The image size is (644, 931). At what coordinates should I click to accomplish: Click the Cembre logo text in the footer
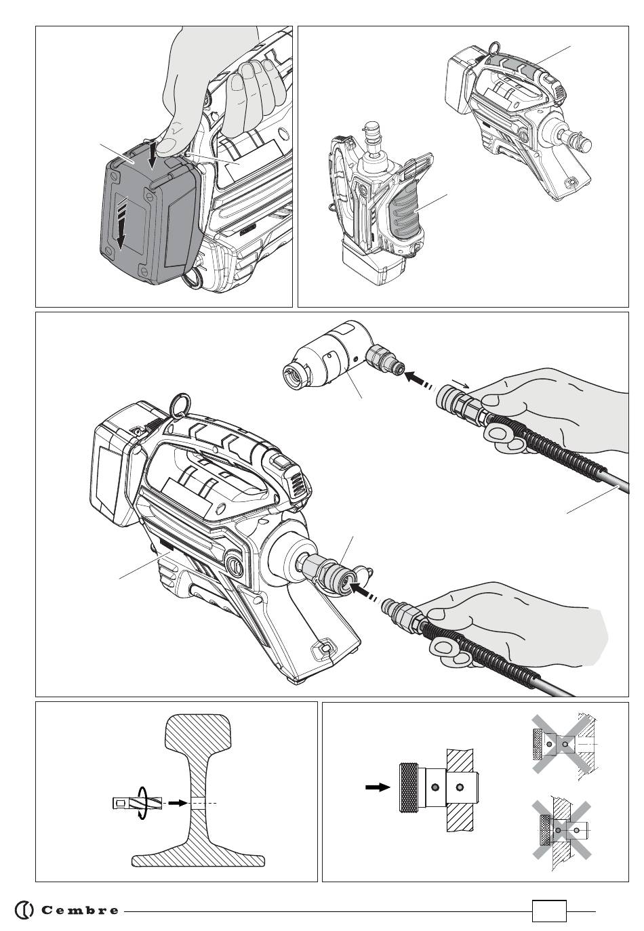(x=80, y=910)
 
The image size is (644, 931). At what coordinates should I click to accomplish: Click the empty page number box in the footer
(x=549, y=911)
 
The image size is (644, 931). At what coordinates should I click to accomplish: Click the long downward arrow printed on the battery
(x=121, y=223)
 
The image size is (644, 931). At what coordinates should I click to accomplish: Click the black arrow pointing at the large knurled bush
(x=378, y=787)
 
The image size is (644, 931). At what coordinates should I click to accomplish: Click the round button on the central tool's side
(x=234, y=566)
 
